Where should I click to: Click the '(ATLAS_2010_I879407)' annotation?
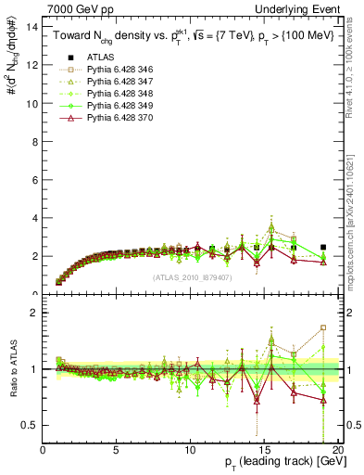191,276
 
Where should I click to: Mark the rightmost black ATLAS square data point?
322,247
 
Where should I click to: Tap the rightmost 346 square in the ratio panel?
322,327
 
